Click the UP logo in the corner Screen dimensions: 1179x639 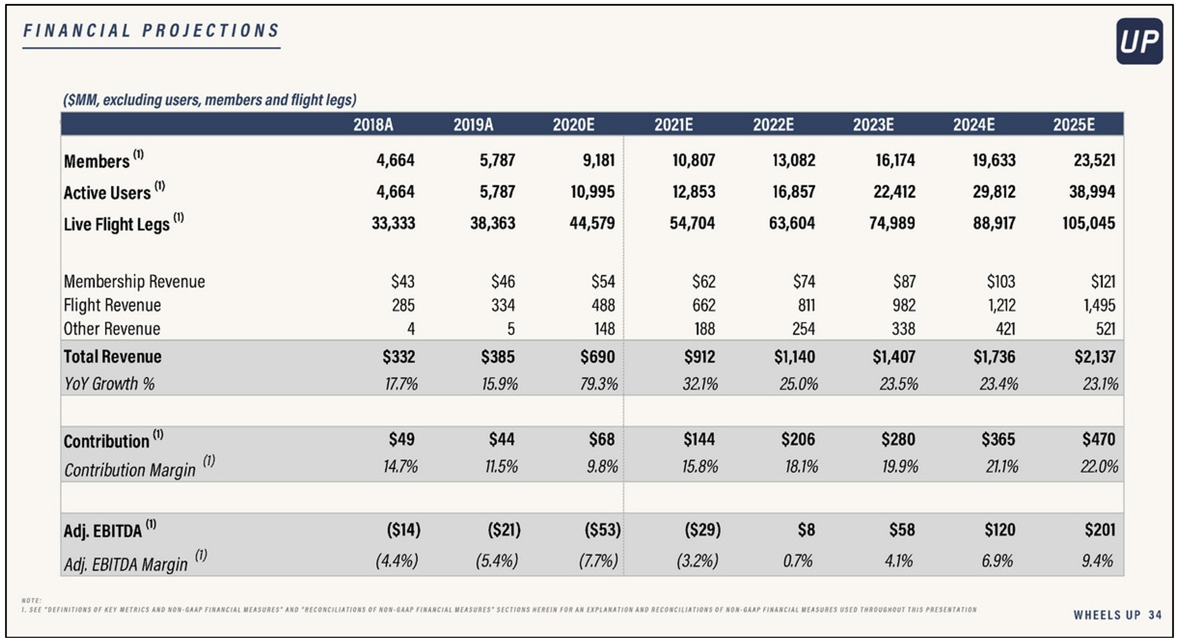(1139, 41)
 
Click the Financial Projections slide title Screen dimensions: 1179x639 (151, 30)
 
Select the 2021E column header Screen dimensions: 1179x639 (673, 125)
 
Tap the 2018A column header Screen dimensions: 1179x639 (373, 125)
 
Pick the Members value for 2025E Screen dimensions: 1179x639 (1094, 160)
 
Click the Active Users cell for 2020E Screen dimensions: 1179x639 (592, 191)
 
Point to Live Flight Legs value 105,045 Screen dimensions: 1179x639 (1088, 223)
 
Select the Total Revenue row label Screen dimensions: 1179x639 (113, 357)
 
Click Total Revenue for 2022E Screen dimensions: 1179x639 (794, 357)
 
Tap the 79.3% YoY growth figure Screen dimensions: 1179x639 (599, 384)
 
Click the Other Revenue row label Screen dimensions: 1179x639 (112, 329)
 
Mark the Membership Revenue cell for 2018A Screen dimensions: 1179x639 (403, 282)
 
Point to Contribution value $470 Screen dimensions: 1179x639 (1099, 440)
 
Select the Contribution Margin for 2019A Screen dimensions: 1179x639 (501, 466)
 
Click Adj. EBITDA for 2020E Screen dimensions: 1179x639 (603, 530)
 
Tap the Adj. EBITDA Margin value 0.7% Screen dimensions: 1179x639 (797, 560)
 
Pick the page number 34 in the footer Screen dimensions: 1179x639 (1155, 615)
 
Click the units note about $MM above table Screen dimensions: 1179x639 (210, 100)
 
